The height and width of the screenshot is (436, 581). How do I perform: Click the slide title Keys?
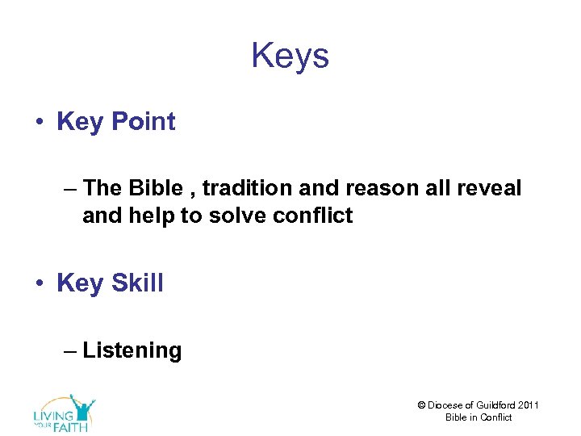pos(290,57)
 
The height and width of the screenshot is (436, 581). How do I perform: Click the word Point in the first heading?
pos(143,122)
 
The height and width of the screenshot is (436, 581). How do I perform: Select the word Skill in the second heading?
pos(137,283)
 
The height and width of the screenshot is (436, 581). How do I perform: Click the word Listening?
pos(132,350)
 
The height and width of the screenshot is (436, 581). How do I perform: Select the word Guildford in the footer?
pos(497,405)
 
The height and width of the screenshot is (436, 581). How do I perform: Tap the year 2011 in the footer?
pos(529,405)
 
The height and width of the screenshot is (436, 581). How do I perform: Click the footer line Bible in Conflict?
pos(479,417)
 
